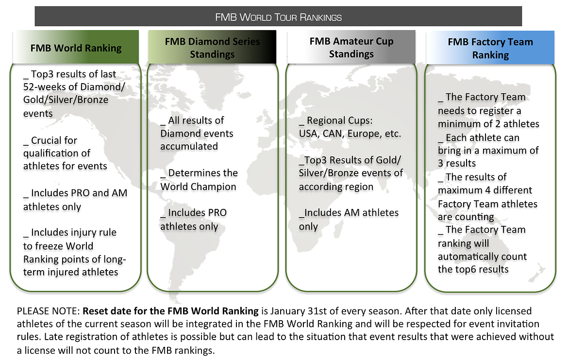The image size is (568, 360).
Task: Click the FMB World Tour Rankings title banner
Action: (x=278, y=17)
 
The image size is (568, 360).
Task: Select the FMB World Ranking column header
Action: (x=76, y=47)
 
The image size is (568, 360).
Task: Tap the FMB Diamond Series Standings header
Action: (x=212, y=47)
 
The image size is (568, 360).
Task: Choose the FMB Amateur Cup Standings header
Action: (x=351, y=47)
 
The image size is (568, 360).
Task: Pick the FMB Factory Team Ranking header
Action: (x=490, y=48)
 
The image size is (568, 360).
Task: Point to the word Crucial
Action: (x=54, y=140)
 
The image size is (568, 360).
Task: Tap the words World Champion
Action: (x=198, y=187)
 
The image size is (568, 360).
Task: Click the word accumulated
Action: (x=189, y=146)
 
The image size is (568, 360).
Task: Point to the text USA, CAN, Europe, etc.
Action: (x=350, y=134)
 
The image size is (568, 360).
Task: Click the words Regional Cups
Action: (x=339, y=120)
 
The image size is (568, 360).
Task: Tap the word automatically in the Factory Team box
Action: (x=464, y=257)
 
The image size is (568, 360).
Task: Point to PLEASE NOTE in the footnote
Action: (x=48, y=311)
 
